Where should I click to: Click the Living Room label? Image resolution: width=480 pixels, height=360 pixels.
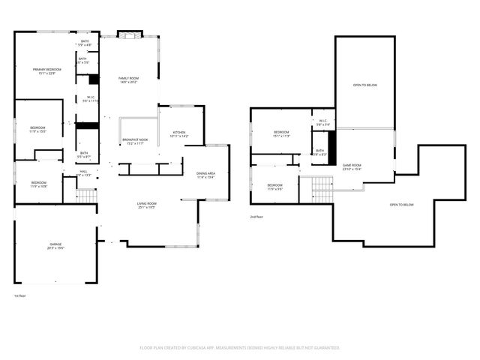(x=146, y=205)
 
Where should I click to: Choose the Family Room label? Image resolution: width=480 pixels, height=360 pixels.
(x=129, y=79)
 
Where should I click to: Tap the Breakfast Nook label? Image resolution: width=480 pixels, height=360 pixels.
(x=136, y=141)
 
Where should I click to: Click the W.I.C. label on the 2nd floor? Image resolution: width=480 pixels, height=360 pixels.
(x=322, y=123)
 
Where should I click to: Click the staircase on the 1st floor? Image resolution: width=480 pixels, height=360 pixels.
(x=87, y=195)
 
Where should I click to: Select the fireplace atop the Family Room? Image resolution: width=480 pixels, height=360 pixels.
(x=129, y=34)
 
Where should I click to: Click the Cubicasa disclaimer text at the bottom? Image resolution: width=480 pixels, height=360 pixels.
(x=239, y=348)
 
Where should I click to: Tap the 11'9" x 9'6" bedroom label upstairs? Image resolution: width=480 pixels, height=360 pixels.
(x=275, y=187)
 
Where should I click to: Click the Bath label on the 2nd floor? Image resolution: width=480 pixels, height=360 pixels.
(x=319, y=152)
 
